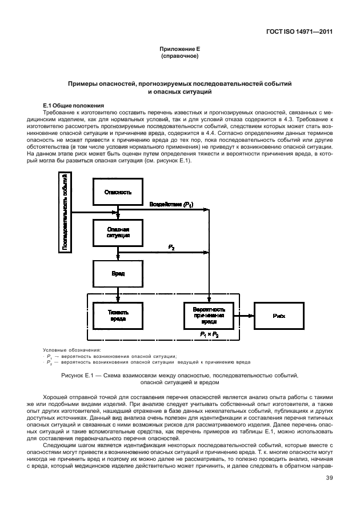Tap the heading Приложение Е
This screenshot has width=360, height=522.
(179, 50)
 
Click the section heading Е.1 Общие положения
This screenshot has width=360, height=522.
(73, 105)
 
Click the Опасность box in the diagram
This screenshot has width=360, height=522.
(118, 192)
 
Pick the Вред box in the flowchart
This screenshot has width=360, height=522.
(118, 274)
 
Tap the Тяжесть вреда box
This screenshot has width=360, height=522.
(118, 316)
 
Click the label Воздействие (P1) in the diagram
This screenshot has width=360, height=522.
(171, 204)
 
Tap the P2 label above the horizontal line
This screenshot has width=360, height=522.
(171, 246)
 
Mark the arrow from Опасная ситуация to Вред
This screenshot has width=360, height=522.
(118, 253)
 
